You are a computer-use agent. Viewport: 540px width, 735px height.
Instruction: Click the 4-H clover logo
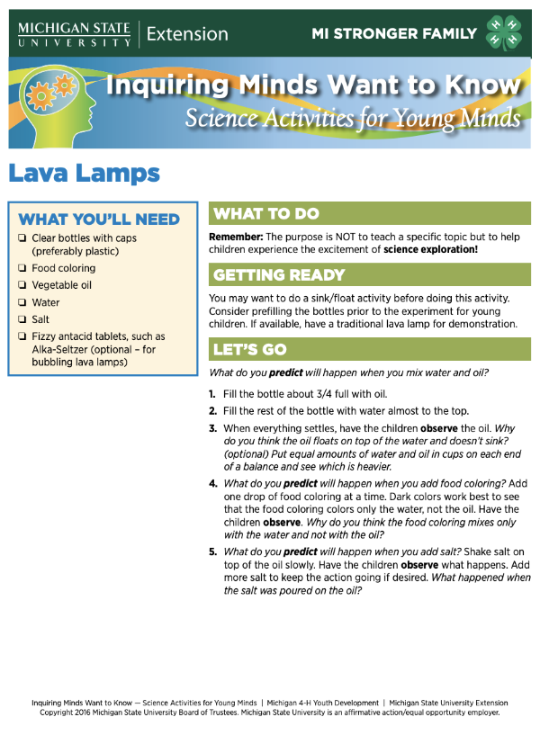[x=504, y=33]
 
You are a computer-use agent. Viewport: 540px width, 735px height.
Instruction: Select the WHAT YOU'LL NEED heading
[x=99, y=219]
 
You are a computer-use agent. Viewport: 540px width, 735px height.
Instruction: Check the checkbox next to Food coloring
[x=21, y=268]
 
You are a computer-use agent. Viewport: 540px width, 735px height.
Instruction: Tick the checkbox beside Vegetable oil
[x=21, y=285]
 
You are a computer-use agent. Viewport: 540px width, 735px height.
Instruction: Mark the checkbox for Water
[x=21, y=302]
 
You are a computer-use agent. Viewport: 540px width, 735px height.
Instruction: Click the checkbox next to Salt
[x=21, y=319]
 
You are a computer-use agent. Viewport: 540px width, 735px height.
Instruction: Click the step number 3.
[x=213, y=428]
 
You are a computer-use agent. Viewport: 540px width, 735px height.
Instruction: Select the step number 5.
[x=213, y=551]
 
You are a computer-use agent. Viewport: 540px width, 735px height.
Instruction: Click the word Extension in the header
[x=187, y=34]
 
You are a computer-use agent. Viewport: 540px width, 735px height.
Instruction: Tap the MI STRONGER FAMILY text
[x=394, y=34]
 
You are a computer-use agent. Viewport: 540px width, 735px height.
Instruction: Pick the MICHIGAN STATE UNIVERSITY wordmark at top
[x=74, y=34]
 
